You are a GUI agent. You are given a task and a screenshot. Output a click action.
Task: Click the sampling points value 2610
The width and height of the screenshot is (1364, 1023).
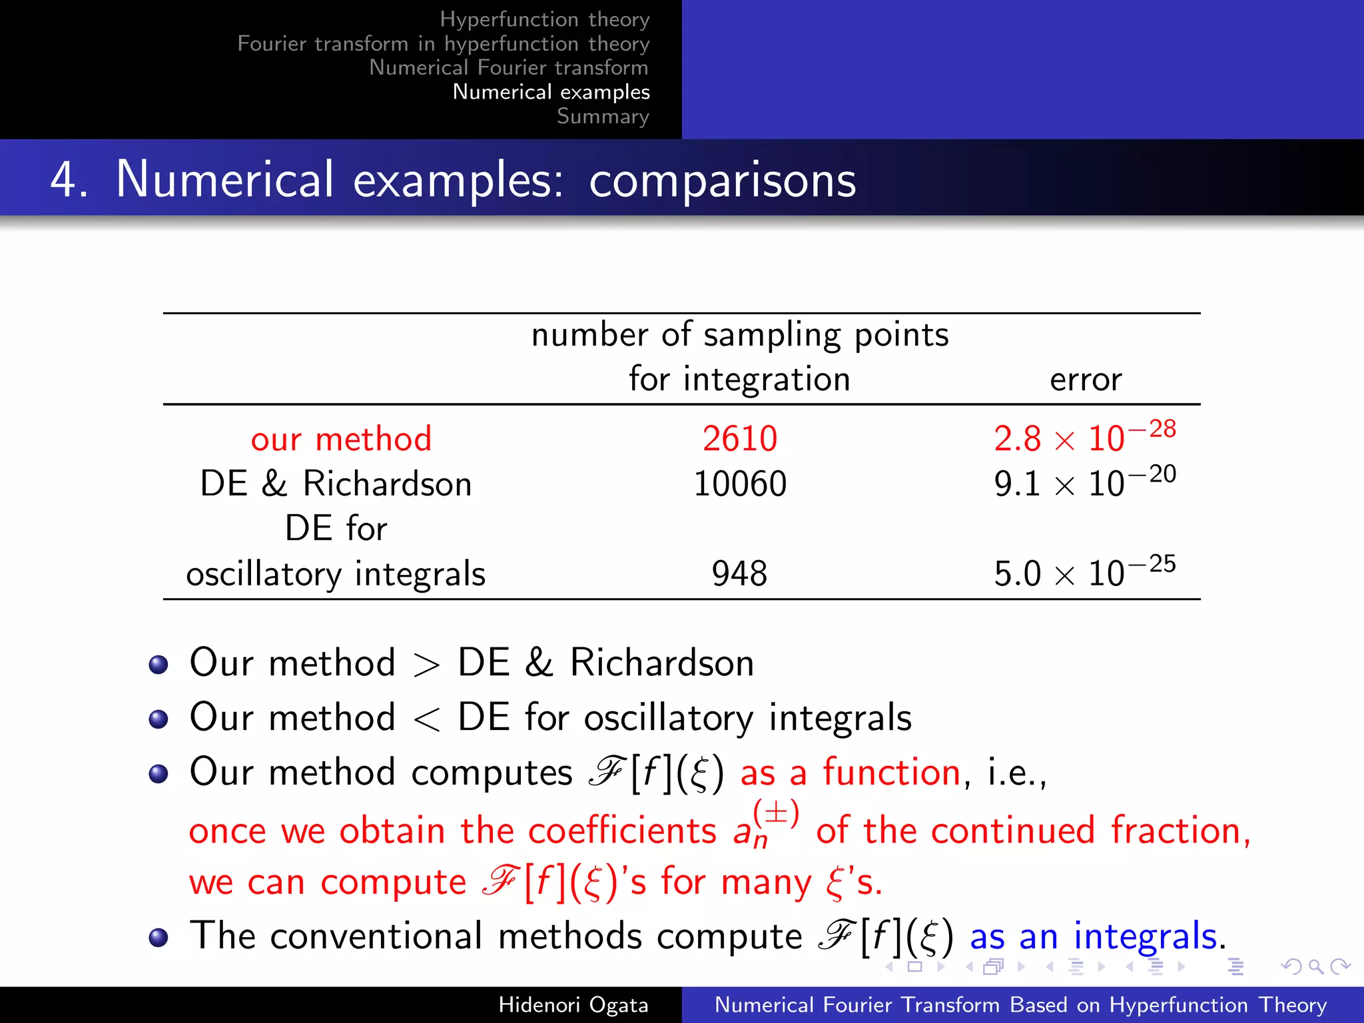[x=739, y=440]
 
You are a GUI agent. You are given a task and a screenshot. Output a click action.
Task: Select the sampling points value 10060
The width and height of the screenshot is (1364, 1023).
[x=739, y=484]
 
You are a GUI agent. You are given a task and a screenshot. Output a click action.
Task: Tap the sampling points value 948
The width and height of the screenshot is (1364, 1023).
[x=739, y=574]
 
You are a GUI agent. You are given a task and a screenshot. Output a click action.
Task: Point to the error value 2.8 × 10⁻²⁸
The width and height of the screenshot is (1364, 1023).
[x=1084, y=438]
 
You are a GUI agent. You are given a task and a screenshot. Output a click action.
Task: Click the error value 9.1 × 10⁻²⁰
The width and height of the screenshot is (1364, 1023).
[x=1084, y=483]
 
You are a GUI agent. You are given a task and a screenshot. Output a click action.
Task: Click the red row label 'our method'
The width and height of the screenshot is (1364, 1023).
[x=341, y=440]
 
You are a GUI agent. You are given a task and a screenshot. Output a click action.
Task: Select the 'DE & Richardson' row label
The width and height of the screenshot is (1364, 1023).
[x=336, y=484]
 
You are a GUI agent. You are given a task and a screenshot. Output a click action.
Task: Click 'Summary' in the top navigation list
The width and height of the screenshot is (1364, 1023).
[x=603, y=117]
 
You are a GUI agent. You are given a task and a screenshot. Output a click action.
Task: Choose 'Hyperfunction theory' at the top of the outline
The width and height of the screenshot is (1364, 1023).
[x=544, y=19]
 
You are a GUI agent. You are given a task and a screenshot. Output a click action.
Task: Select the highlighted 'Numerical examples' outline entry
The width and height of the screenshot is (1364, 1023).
[x=551, y=92]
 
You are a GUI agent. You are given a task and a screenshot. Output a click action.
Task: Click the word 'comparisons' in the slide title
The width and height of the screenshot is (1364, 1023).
[x=722, y=181]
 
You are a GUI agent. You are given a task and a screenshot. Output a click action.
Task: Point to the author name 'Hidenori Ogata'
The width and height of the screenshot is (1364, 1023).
[x=573, y=1005]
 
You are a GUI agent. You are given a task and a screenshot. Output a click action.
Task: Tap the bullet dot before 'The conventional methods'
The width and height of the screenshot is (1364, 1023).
[x=159, y=938]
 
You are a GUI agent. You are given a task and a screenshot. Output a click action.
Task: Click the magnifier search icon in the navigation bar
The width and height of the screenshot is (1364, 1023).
[x=1315, y=966]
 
